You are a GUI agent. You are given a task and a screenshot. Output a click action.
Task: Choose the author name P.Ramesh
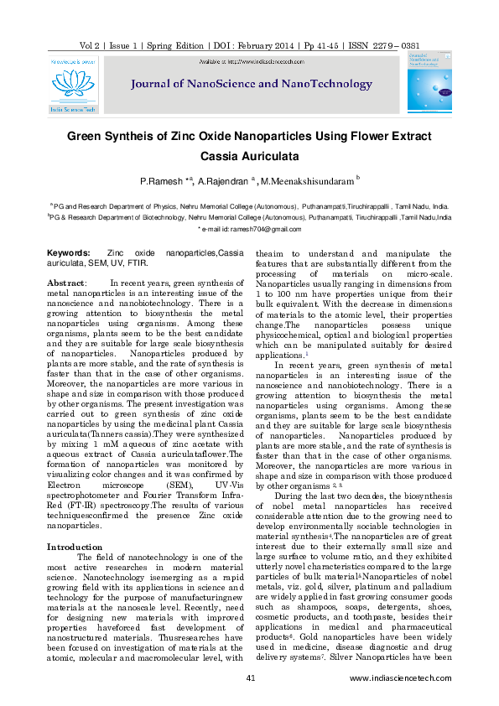click(162, 181)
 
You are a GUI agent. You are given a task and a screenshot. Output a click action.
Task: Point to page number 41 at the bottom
click(250, 677)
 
